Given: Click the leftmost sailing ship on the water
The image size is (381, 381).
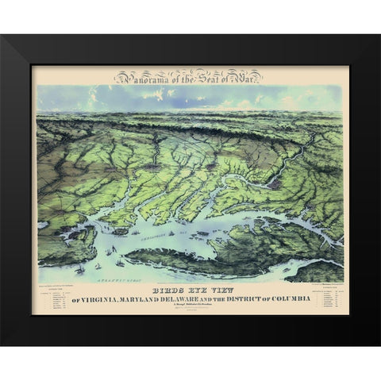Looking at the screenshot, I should [x=79, y=270].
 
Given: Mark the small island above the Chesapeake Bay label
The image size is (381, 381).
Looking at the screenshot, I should [x=121, y=231].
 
